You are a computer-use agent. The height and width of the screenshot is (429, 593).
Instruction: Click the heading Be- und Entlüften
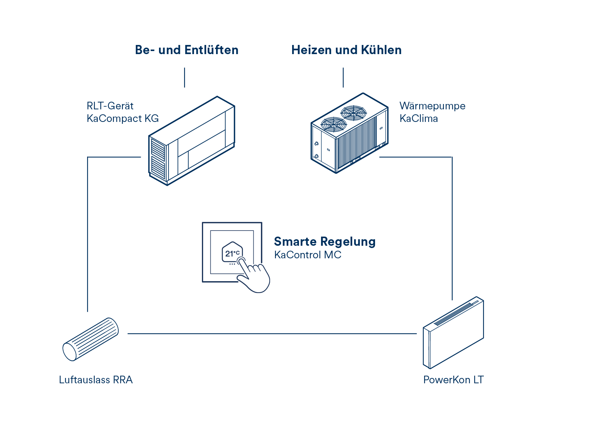click(x=186, y=50)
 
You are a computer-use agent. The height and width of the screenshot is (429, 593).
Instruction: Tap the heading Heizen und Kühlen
click(x=346, y=50)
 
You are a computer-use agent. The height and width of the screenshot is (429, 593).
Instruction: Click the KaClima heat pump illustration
click(x=349, y=133)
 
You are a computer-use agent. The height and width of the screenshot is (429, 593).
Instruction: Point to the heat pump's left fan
click(x=334, y=124)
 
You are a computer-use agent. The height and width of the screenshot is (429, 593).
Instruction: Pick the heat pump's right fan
click(x=353, y=113)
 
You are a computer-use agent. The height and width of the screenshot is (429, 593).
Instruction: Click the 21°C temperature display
click(x=232, y=253)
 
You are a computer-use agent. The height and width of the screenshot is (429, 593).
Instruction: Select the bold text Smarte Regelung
click(x=324, y=242)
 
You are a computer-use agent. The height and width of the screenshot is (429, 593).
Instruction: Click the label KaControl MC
click(x=308, y=255)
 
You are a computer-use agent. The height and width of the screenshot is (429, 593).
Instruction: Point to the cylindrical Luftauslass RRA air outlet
click(x=91, y=339)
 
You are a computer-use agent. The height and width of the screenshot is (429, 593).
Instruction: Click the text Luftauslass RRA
click(x=96, y=380)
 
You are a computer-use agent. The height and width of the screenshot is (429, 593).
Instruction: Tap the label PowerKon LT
click(x=453, y=380)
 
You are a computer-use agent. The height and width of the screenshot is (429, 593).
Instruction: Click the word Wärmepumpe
click(x=432, y=106)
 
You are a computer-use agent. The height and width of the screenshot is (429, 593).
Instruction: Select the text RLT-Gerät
click(x=110, y=106)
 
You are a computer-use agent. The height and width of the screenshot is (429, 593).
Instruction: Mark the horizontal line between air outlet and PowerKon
click(x=272, y=334)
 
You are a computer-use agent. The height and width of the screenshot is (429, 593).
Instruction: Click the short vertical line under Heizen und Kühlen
click(x=343, y=77)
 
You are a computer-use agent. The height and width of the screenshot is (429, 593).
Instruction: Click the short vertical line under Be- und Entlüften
click(x=184, y=77)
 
